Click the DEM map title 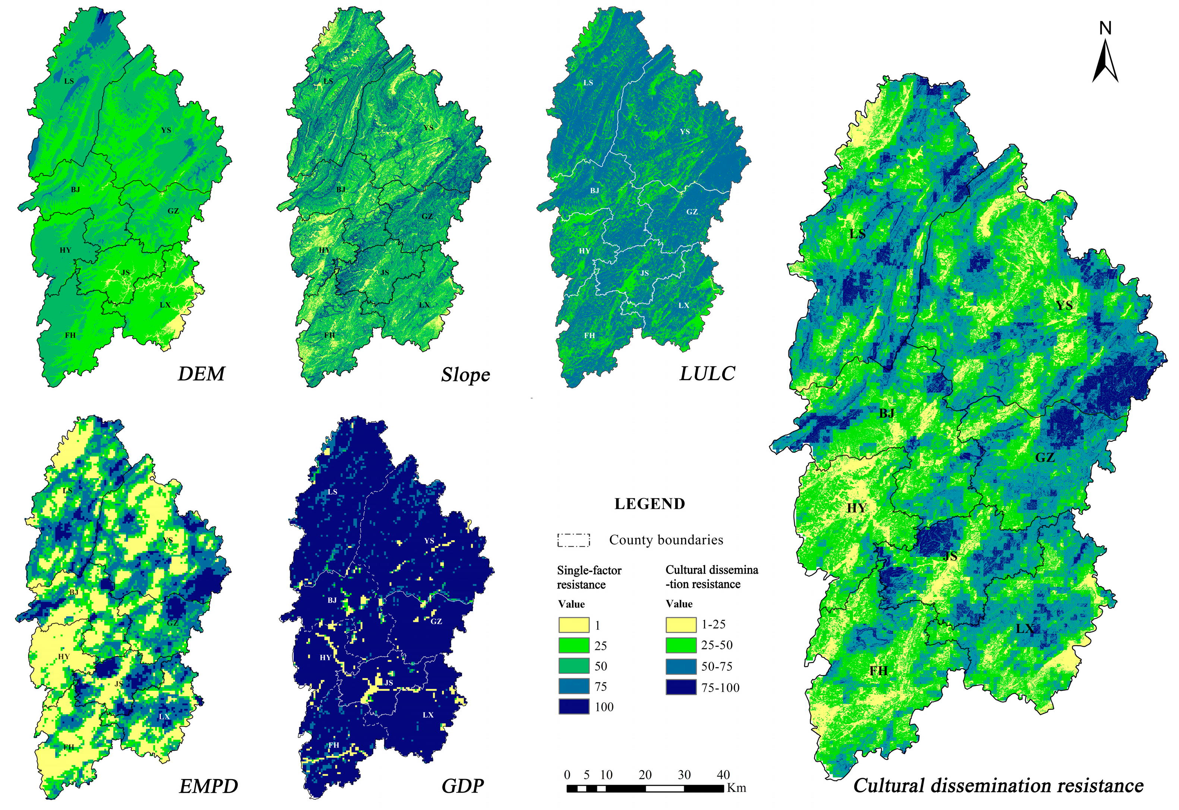pos(201,374)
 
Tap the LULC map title pos(707,374)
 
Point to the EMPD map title pos(208,786)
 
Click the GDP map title pos(462,786)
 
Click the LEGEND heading pos(649,504)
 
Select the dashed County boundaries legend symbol pos(574,540)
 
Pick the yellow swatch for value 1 pos(574,625)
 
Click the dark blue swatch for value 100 pos(574,706)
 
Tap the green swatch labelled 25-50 pos(681,645)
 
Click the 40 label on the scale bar pos(723,775)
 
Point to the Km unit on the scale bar pos(736,788)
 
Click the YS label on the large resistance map pos(1064,305)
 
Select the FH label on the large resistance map pos(878,671)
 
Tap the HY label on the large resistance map pos(857,508)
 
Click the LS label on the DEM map pos(69,81)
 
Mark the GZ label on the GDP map pos(436,621)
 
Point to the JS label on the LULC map pos(644,273)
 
